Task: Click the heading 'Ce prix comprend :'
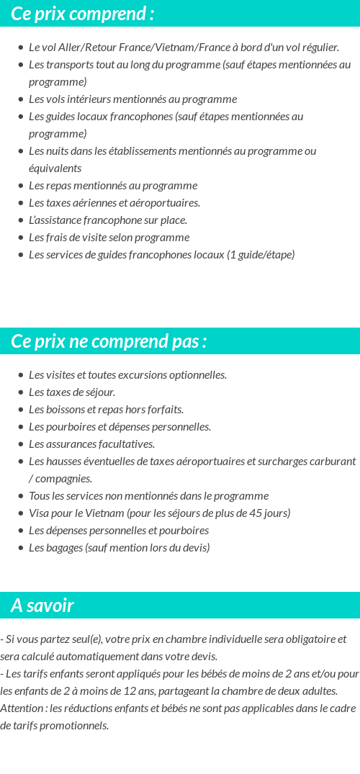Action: click(82, 14)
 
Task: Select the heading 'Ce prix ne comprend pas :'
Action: click(109, 341)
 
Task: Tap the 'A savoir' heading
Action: click(42, 606)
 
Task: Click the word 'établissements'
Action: click(166, 151)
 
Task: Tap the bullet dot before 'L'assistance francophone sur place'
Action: click(21, 220)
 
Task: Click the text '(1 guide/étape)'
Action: click(261, 255)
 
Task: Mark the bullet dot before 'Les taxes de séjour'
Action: click(21, 392)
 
